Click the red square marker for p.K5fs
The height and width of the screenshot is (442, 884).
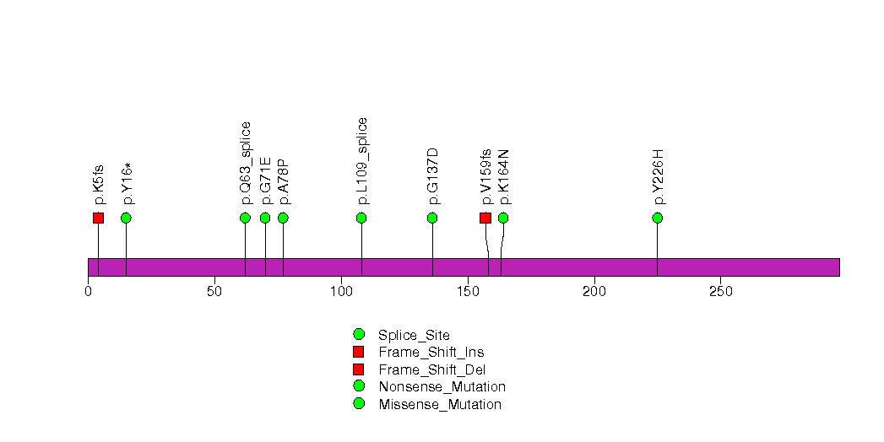coord(98,218)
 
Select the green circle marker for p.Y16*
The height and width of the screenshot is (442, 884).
coord(126,218)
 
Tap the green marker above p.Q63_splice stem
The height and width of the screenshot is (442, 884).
coord(245,218)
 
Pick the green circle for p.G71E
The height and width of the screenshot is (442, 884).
coord(265,218)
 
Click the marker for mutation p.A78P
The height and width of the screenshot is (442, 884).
coord(283,218)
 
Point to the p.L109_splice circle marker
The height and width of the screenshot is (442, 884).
coord(361,218)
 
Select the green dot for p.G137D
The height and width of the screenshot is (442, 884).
coord(432,218)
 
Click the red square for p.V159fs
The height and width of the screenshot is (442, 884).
coord(485,218)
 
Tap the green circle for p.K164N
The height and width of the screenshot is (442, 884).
coord(503,218)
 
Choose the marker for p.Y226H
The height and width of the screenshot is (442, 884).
coord(658,218)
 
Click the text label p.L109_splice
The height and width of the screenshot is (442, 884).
coord(362,161)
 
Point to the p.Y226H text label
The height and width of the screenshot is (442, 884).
coord(659,177)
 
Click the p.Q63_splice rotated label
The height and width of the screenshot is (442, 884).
coord(246,164)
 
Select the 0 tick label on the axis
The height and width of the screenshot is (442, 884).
coord(88,291)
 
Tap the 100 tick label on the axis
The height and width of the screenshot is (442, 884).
coord(341,291)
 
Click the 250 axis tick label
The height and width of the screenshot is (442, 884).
coord(720,291)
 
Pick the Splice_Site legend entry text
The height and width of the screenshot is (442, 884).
coord(414,336)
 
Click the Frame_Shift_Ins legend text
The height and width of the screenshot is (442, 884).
coord(431,353)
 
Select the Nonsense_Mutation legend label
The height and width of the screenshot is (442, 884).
coord(442,387)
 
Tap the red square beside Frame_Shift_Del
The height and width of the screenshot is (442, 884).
coord(359,369)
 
